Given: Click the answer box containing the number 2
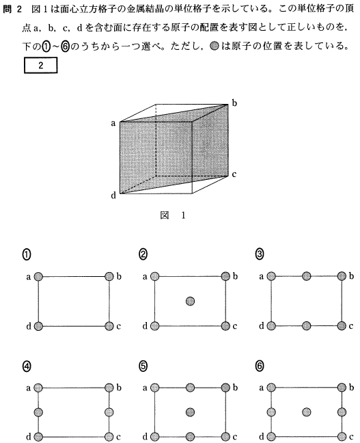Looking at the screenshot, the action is click(x=41, y=65).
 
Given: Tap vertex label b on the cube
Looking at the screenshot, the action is click(x=234, y=103).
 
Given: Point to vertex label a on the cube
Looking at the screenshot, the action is click(x=113, y=124).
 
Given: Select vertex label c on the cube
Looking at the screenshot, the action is click(x=234, y=174).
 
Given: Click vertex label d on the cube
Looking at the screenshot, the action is click(x=113, y=196).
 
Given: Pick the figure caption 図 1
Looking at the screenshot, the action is click(x=173, y=215).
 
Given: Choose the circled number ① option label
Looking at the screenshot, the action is click(x=27, y=254).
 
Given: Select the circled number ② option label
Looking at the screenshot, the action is click(x=143, y=254).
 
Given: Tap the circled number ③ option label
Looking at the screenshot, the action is click(x=260, y=254).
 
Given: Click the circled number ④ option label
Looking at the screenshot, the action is click(x=27, y=366).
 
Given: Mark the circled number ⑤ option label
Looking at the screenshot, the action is click(x=143, y=366).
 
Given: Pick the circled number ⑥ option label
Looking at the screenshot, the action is click(x=260, y=366).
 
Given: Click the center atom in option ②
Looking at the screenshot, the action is click(x=190, y=301).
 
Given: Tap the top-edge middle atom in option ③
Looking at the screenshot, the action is click(x=306, y=276).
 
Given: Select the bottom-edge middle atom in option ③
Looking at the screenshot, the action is click(x=306, y=326).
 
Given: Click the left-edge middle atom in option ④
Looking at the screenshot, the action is click(x=38, y=412).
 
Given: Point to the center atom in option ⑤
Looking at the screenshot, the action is click(x=190, y=412).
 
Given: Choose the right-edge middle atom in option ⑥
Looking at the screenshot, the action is click(x=342, y=412).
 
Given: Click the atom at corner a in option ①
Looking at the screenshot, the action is click(x=38, y=277).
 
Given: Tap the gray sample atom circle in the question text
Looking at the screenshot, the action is click(x=214, y=46).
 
